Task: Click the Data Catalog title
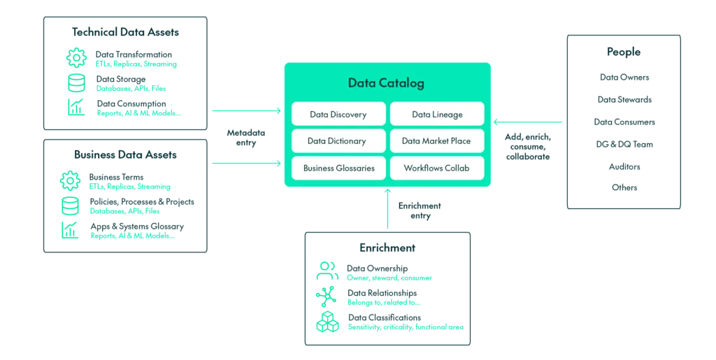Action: point(386,83)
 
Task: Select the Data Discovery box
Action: point(338,115)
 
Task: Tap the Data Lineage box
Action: point(437,115)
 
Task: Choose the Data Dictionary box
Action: point(338,141)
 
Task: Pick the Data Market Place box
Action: point(437,141)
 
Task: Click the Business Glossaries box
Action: point(338,168)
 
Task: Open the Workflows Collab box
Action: point(437,168)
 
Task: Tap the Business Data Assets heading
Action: point(125,154)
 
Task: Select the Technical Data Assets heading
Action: point(125,32)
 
